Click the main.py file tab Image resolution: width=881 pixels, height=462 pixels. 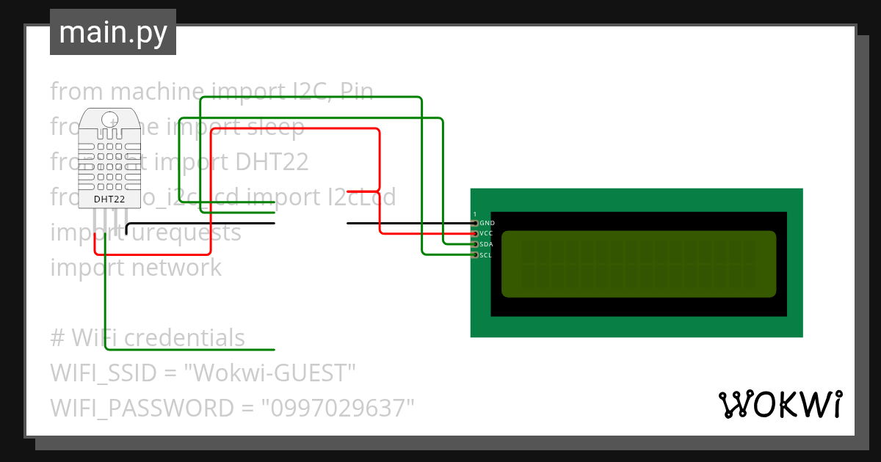click(112, 33)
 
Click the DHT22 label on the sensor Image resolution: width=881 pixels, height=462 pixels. click(109, 199)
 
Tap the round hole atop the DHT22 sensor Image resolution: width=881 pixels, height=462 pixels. click(109, 119)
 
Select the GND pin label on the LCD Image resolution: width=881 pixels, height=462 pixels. click(487, 223)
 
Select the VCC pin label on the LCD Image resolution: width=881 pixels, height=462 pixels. click(486, 233)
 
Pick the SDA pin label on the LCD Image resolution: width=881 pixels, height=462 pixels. click(486, 244)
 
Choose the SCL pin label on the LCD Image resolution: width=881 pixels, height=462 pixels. click(486, 255)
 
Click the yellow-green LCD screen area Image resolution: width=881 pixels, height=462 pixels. click(638, 264)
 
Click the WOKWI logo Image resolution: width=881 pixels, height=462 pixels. click(780, 404)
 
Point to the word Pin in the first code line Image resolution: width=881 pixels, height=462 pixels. click(357, 92)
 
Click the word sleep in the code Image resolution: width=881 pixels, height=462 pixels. click(275, 127)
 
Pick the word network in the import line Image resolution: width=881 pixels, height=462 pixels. click(176, 268)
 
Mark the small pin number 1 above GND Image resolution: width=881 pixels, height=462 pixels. click(475, 214)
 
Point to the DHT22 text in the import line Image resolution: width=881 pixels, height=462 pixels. click(271, 161)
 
